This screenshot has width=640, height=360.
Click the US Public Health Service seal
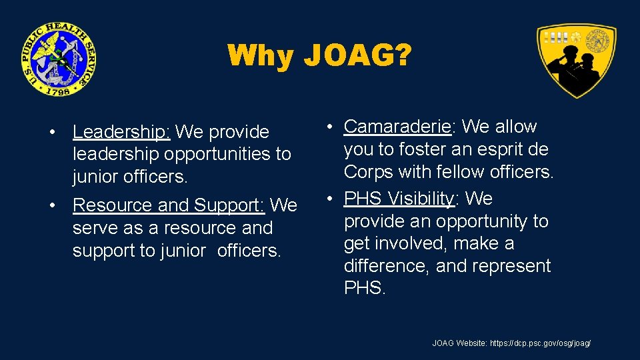(58, 59)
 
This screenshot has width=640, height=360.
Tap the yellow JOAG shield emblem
(577, 60)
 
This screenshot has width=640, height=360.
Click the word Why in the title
(261, 56)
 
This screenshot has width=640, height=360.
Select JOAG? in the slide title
(358, 56)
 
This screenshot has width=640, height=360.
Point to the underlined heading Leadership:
(122, 132)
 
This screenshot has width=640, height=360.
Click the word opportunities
(220, 154)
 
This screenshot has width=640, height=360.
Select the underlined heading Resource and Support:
(169, 205)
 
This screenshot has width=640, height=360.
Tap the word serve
(95, 228)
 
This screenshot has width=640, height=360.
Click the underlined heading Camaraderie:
(400, 127)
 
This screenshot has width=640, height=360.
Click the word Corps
(369, 172)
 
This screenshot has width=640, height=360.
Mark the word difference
(385, 266)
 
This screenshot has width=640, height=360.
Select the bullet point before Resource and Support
(51, 205)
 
